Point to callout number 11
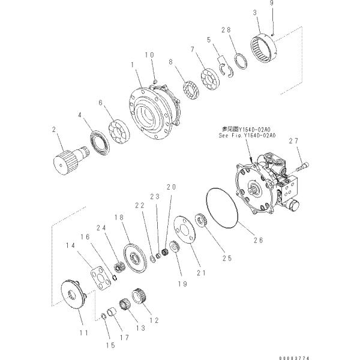point(83,332)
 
